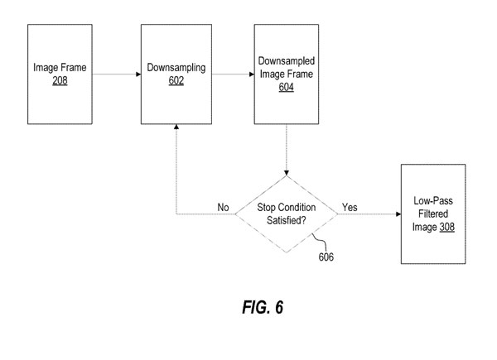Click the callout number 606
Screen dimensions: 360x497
tap(327, 257)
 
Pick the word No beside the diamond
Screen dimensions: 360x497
tap(222, 207)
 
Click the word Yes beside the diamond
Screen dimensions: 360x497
tap(350, 207)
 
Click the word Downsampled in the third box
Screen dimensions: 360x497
tap(286, 60)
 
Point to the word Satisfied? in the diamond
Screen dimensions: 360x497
tap(286, 221)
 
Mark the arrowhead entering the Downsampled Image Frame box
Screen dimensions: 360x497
tap(250, 74)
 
